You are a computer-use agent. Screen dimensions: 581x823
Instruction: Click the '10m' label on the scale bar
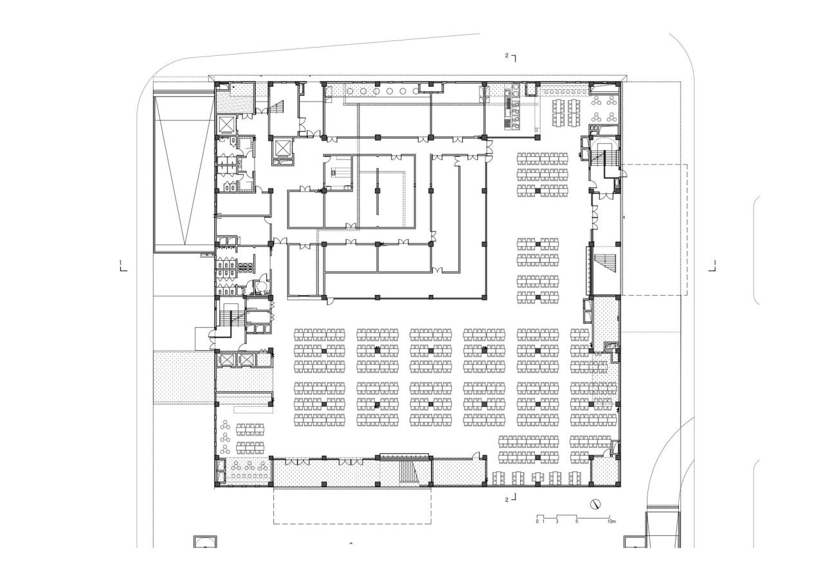(611, 521)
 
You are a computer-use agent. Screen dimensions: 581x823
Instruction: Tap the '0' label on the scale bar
(537, 521)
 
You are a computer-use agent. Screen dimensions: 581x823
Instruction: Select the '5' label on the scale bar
(577, 521)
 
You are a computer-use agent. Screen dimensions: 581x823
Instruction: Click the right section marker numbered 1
(713, 265)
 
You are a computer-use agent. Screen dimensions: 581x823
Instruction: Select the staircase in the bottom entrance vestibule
(408, 473)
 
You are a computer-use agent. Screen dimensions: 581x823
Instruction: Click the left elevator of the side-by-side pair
(228, 360)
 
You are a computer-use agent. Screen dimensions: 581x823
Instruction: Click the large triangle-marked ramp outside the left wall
(183, 170)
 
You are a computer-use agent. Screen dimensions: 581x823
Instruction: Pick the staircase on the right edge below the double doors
(604, 263)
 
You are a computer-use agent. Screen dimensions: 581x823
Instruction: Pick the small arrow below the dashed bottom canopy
(350, 544)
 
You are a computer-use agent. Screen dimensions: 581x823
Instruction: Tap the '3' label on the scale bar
(557, 521)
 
